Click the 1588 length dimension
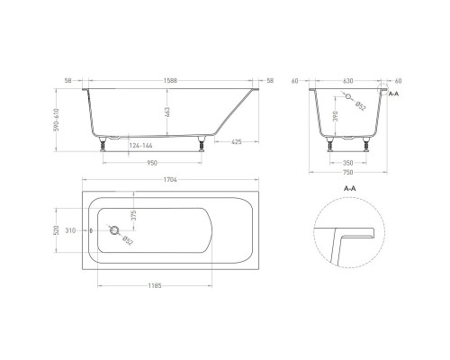point(170,81)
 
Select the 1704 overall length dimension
point(170,180)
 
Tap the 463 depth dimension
point(167,112)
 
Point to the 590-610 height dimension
point(57,120)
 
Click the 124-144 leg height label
point(140,146)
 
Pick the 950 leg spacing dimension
point(152,163)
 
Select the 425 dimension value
point(237,141)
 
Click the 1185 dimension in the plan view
point(155,285)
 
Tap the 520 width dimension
point(56,230)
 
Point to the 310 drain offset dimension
point(70,230)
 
